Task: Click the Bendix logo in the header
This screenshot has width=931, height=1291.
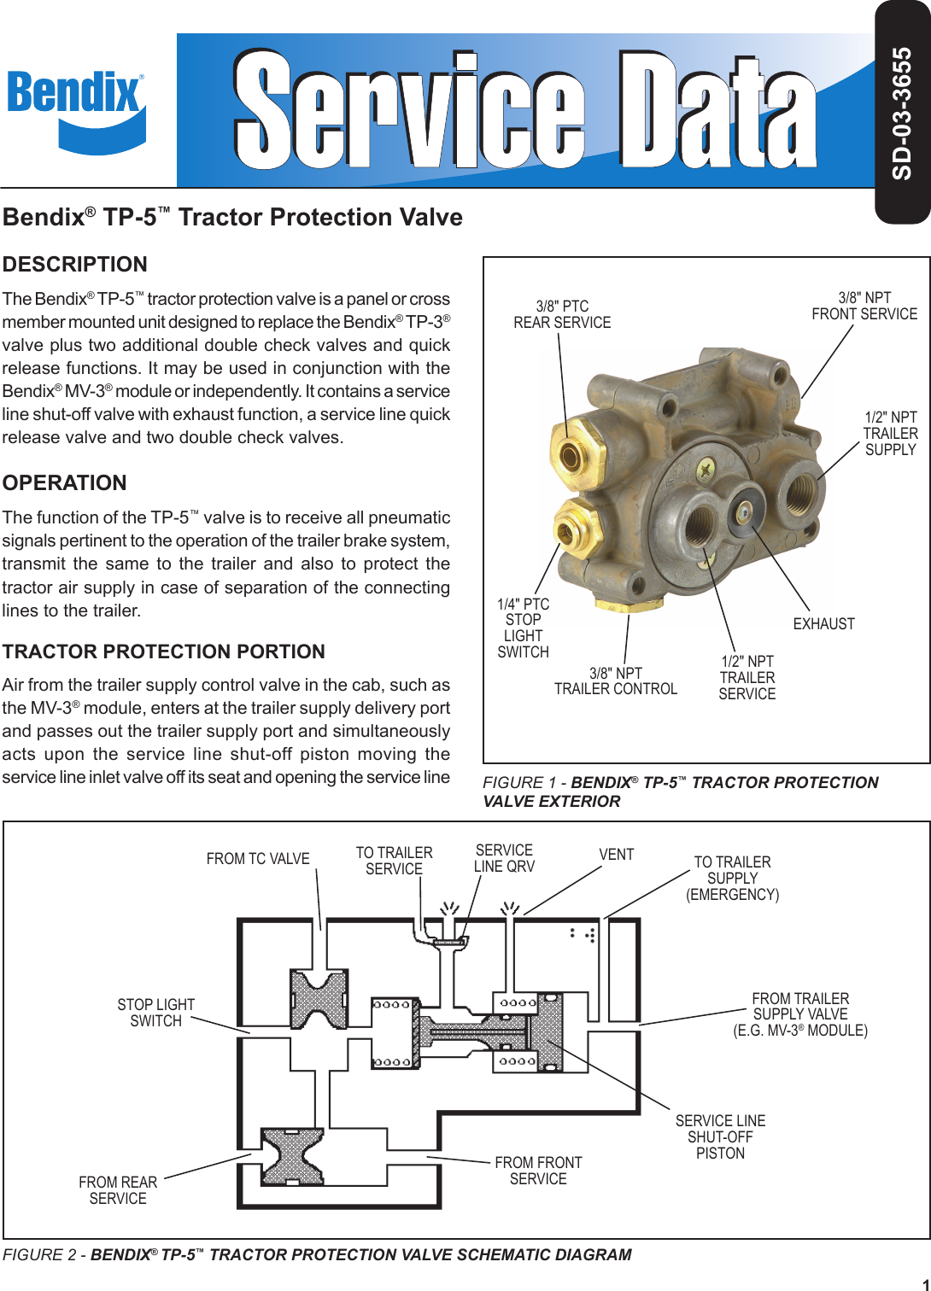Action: click(75, 109)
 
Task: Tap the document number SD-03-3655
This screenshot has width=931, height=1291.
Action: click(902, 114)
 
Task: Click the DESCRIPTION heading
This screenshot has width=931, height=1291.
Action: click(75, 264)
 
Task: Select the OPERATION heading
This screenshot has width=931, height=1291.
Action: click(65, 482)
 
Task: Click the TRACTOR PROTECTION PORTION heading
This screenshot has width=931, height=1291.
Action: click(164, 651)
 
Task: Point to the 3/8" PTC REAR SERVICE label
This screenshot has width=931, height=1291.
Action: click(562, 314)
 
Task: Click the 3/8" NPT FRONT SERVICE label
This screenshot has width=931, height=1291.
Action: click(864, 306)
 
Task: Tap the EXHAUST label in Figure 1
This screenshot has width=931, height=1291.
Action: click(823, 624)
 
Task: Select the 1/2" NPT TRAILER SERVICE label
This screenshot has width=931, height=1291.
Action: click(747, 678)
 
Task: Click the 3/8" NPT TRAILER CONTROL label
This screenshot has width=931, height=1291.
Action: click(616, 681)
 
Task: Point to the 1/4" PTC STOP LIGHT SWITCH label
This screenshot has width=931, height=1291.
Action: click(524, 628)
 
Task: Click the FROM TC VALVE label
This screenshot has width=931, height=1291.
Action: click(258, 859)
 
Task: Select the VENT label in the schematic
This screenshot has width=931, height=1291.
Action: click(617, 855)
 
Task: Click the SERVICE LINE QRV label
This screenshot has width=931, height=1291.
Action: click(504, 858)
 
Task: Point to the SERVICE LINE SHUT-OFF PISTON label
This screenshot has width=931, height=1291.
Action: click(720, 1136)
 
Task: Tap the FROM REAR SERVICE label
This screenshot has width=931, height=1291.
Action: click(118, 1190)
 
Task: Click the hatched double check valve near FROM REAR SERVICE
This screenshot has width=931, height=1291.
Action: click(292, 1156)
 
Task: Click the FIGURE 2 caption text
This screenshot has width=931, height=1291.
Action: click(317, 1254)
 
